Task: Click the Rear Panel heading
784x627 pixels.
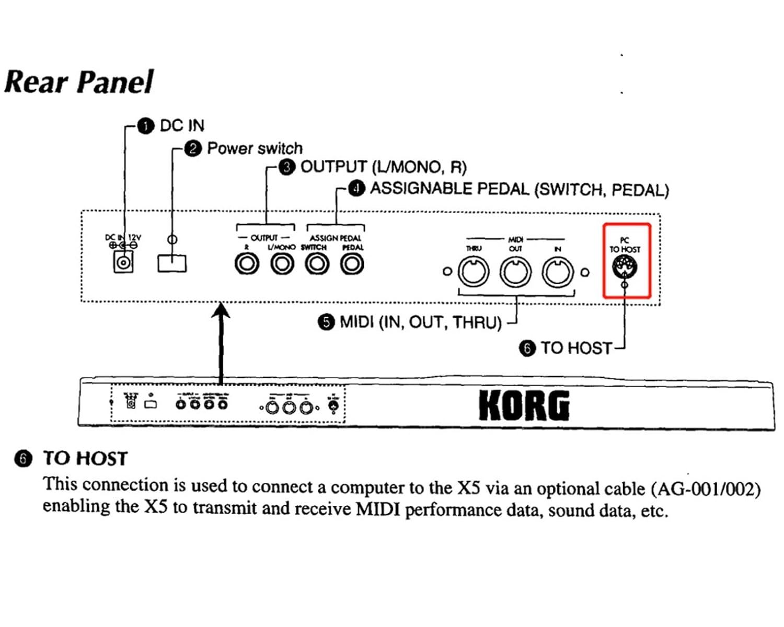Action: (78, 83)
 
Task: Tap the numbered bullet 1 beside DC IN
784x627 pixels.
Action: (145, 126)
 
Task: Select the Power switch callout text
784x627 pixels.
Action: (255, 148)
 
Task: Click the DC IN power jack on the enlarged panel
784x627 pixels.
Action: (123, 262)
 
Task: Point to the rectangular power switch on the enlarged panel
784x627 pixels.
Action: (172, 263)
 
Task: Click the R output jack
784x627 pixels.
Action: (247, 263)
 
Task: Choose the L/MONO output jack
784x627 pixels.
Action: (282, 263)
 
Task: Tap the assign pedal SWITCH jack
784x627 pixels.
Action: (317, 263)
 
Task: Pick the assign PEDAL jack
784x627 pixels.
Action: (352, 263)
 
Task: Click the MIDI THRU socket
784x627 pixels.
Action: (474, 272)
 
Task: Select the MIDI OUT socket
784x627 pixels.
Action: (515, 272)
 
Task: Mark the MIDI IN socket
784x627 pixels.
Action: (557, 272)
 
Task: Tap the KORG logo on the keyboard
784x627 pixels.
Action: (524, 405)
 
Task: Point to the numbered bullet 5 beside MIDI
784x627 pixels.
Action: (326, 322)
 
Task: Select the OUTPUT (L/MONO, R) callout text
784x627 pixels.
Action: (383, 167)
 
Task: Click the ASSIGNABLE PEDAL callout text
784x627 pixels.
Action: (519, 189)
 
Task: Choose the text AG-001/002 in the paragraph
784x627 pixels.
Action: (705, 489)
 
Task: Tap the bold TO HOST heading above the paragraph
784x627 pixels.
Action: (85, 459)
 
